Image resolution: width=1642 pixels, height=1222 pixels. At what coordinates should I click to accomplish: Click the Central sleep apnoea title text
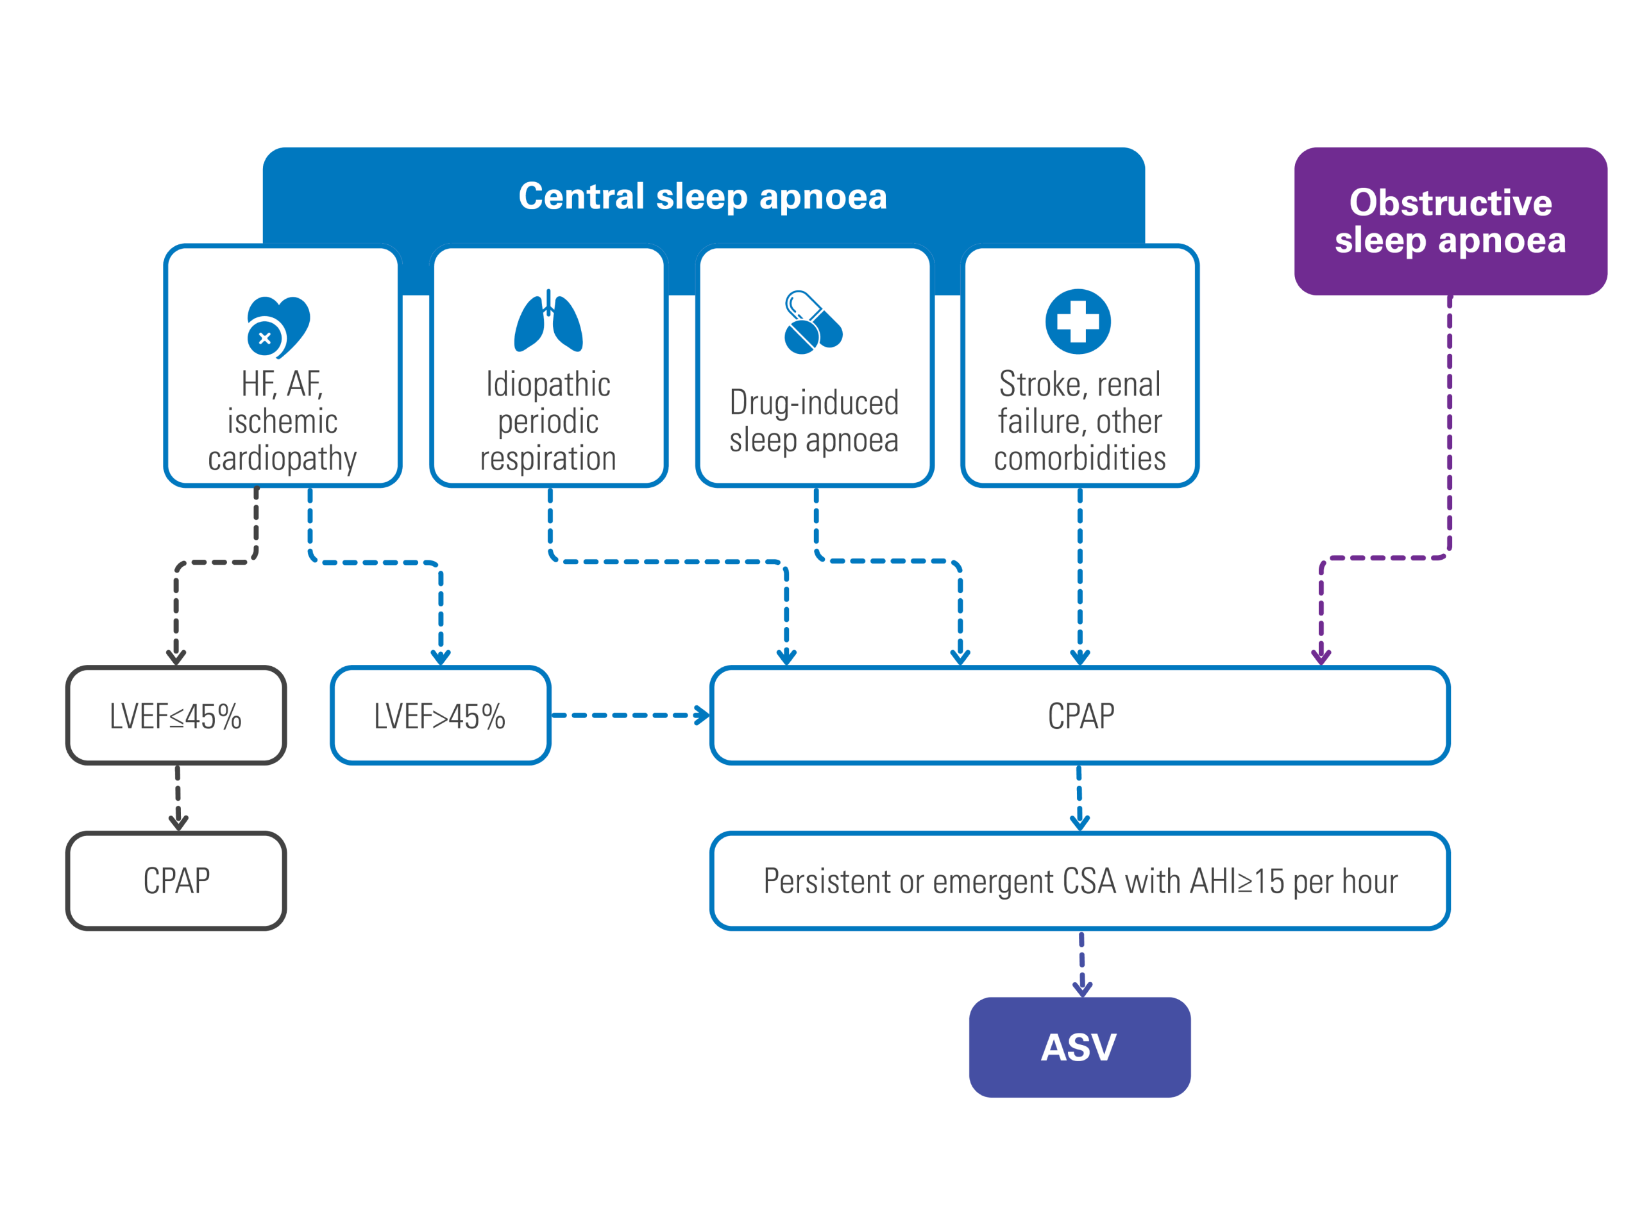(x=702, y=197)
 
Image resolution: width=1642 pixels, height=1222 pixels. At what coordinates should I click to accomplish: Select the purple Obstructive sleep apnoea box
(x=1450, y=221)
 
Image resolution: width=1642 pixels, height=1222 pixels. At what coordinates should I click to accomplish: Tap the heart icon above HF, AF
(x=278, y=327)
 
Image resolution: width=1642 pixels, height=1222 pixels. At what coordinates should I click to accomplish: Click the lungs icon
(x=548, y=321)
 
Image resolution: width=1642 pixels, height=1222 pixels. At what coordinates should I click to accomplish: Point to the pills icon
(x=813, y=322)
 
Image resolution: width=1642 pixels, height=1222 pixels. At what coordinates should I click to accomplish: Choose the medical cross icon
(x=1078, y=321)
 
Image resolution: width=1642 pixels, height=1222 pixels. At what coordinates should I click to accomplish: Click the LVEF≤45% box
(x=176, y=716)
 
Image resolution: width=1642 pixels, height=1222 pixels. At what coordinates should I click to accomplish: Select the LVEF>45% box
(x=440, y=716)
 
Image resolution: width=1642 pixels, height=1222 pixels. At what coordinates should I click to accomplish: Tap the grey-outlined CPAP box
(x=176, y=880)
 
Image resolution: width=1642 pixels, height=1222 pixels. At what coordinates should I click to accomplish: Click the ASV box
(x=1079, y=1047)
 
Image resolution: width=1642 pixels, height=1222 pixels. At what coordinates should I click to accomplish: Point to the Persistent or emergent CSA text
(x=1079, y=881)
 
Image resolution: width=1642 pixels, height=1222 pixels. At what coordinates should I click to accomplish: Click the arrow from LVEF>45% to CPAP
(x=631, y=716)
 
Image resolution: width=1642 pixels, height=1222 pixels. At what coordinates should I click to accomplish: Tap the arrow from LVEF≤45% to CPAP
(x=178, y=798)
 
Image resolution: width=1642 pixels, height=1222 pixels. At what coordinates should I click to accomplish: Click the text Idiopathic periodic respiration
(x=548, y=421)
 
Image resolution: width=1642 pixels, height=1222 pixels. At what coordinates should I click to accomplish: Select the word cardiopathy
(x=282, y=459)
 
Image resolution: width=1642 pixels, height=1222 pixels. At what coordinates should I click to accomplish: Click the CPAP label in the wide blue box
(x=1080, y=716)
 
